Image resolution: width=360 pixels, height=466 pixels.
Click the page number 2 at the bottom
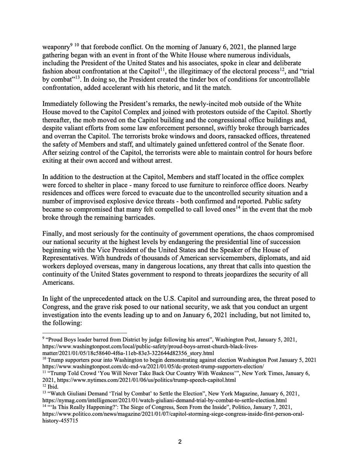(180, 442)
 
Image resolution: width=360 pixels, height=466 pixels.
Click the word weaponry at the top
(56, 47)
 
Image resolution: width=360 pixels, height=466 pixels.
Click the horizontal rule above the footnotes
(85, 333)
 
